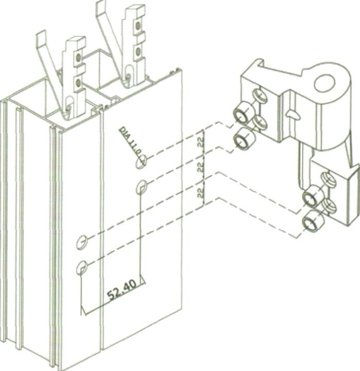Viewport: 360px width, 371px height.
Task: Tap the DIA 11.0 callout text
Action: point(130,141)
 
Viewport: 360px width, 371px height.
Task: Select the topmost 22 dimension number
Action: point(202,142)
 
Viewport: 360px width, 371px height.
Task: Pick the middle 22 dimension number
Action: point(201,167)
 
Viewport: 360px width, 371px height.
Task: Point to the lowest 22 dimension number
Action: point(201,192)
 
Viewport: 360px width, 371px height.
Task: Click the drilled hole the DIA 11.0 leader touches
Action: point(141,161)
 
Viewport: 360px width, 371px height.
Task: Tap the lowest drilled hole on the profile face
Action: point(82,267)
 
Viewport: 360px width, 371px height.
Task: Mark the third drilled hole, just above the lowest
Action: point(82,243)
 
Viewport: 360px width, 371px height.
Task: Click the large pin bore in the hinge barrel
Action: point(325,83)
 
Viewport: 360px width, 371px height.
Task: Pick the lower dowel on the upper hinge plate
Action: point(243,139)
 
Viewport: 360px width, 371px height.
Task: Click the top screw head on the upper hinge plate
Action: point(260,95)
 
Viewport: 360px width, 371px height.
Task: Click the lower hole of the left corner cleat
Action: point(78,83)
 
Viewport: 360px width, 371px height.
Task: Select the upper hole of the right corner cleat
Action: point(137,26)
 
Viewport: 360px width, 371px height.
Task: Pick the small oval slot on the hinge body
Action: point(293,115)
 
